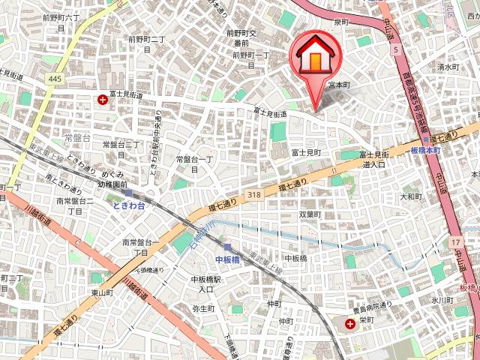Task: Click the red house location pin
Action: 315,57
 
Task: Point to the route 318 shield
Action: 255,194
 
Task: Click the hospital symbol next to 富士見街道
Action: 103,98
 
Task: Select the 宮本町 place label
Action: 339,85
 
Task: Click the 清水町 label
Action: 448,67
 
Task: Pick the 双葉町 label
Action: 310,214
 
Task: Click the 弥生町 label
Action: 203,308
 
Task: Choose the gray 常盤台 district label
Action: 77,138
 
